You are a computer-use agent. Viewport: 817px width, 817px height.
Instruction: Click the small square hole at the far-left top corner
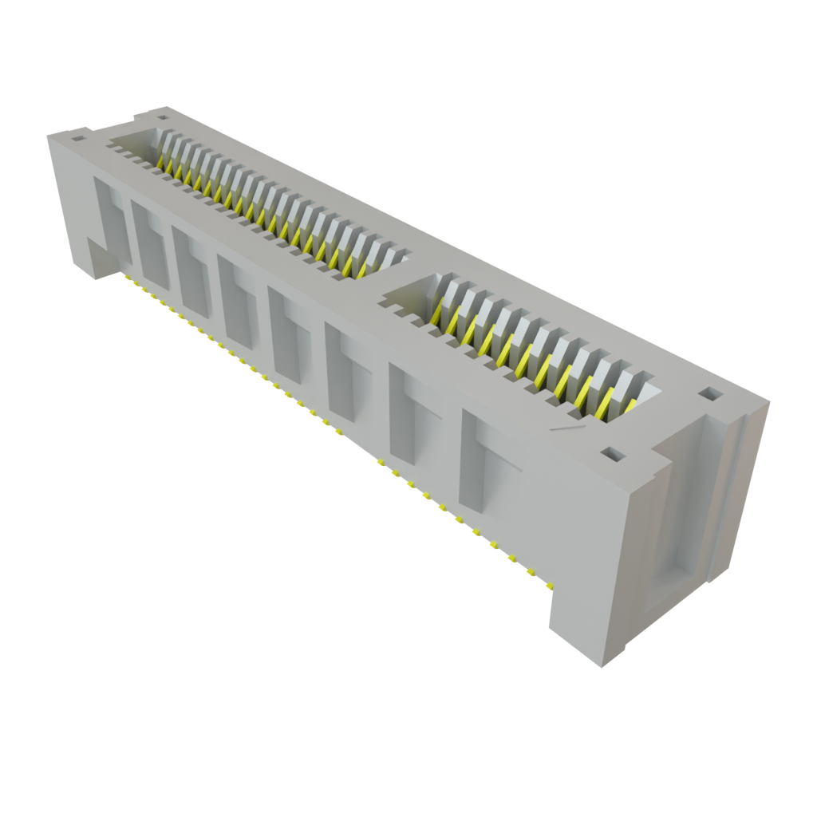77,137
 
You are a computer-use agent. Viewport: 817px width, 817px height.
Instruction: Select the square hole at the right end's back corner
708,394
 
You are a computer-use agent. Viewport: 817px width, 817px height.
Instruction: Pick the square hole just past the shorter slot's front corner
611,454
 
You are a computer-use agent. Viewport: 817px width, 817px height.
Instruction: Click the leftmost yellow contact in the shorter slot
436,314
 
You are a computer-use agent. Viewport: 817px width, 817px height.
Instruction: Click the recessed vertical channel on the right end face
678,511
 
